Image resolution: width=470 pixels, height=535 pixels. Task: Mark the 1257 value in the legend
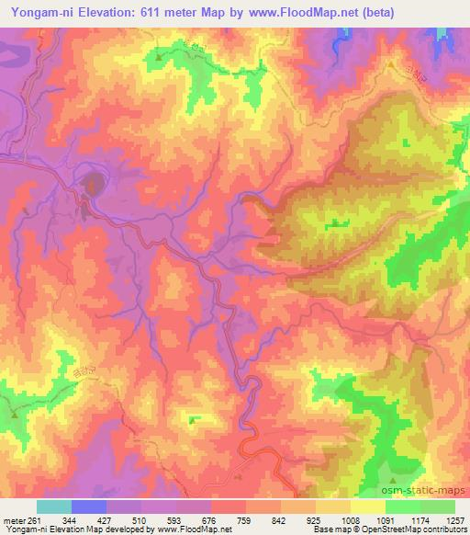tap(455, 518)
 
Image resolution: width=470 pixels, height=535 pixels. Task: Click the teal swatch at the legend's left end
tap(54, 506)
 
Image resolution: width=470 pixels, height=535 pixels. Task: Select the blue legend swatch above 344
tap(89, 506)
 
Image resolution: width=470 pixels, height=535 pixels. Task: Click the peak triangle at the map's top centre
tap(159, 58)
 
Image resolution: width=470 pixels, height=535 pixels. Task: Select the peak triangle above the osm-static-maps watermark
tap(393, 479)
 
